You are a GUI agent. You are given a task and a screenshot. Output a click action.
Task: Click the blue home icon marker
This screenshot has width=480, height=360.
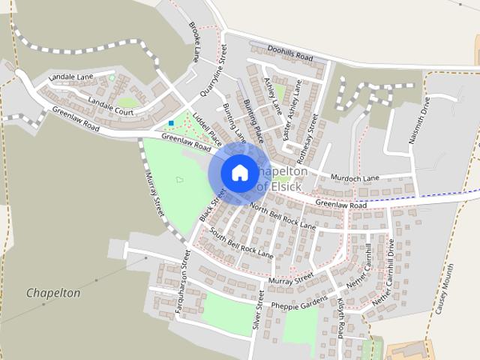pyautogui.click(x=239, y=172)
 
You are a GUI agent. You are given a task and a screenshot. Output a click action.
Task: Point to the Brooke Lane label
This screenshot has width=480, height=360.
pyautogui.click(x=195, y=40)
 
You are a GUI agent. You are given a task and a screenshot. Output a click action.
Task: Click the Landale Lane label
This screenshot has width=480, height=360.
pyautogui.click(x=70, y=76)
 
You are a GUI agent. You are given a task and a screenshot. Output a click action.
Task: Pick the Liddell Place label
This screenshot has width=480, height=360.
pyautogui.click(x=208, y=129)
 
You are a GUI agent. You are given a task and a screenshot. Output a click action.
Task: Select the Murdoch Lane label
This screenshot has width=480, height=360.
pyautogui.click(x=356, y=178)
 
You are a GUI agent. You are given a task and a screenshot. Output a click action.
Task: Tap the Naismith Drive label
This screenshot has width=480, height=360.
pyautogui.click(x=423, y=119)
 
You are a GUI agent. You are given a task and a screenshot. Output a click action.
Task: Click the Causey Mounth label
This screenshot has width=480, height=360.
pyautogui.click(x=444, y=288)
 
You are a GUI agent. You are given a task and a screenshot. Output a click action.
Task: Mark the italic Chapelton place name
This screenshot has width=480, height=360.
pyautogui.click(x=52, y=293)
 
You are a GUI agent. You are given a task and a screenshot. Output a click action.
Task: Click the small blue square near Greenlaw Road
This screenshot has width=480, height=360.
pyautogui.click(x=172, y=122)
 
